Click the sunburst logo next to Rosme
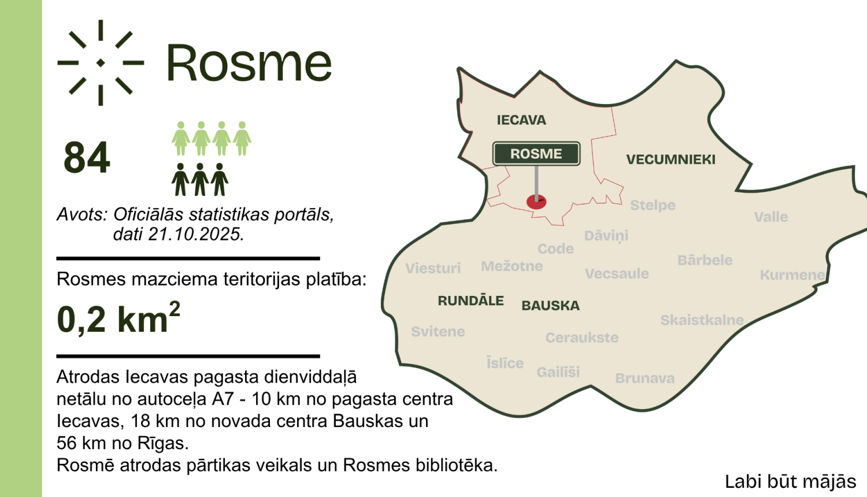click(x=101, y=62)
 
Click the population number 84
click(x=87, y=158)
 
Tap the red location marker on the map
click(x=536, y=202)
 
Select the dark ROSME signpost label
click(x=536, y=154)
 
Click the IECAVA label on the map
click(x=521, y=120)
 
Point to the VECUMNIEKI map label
click(x=670, y=160)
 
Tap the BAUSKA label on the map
click(x=550, y=306)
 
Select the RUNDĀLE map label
click(x=470, y=301)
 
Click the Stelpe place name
click(x=653, y=205)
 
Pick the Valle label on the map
click(x=770, y=217)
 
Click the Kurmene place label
click(x=792, y=275)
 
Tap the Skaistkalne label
click(x=702, y=320)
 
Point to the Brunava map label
click(x=644, y=379)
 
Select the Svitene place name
click(x=438, y=332)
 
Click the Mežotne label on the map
click(x=512, y=266)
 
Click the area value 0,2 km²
click(x=118, y=318)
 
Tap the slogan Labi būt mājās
click(x=790, y=481)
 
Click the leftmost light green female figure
click(x=181, y=139)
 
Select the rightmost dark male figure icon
click(x=220, y=180)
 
